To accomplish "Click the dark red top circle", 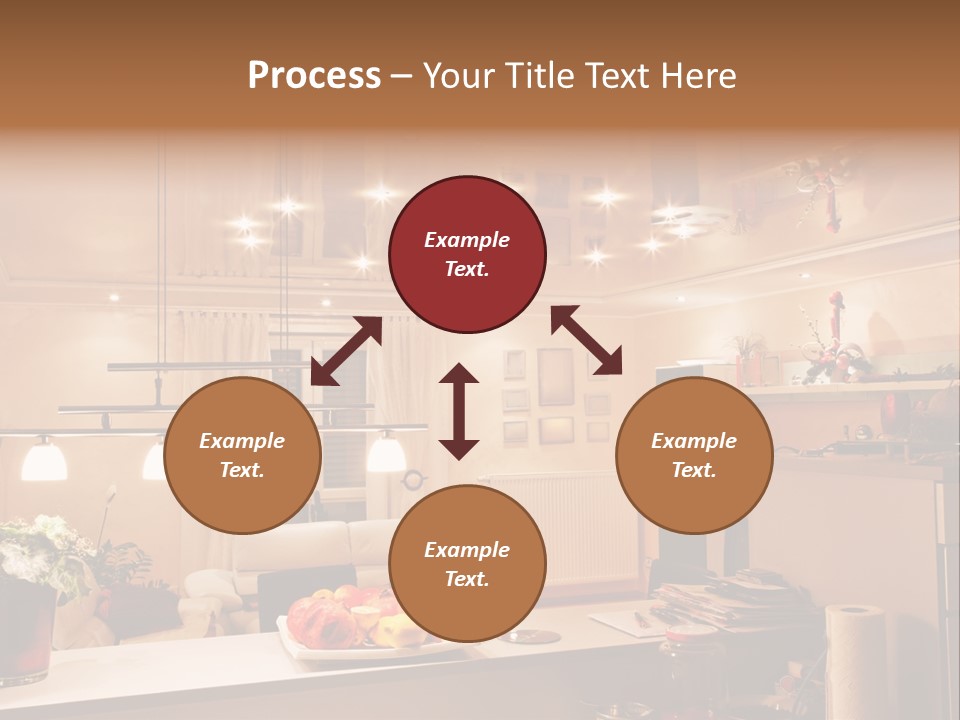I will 467,255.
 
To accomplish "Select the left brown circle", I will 242,456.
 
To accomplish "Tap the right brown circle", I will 694,456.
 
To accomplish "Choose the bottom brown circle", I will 467,564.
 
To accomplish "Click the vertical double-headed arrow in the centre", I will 459,411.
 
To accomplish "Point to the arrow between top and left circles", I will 346,351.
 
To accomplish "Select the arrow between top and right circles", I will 586,340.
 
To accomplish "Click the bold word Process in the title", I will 314,75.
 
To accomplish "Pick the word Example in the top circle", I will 467,240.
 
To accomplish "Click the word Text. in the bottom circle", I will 467,579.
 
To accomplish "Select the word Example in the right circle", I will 694,441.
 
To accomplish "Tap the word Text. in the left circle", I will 242,470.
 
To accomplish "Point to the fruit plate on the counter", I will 345,625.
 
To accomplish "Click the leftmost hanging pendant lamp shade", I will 44,459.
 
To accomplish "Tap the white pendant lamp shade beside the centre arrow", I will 386,454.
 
